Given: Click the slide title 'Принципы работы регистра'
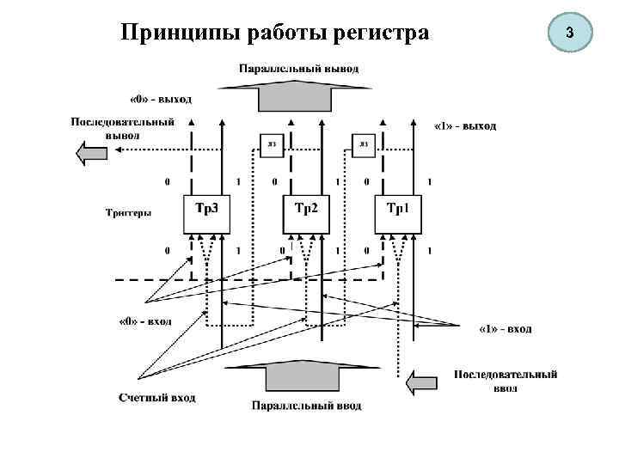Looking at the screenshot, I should click(x=274, y=34).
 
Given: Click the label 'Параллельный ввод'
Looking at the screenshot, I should click(x=306, y=405).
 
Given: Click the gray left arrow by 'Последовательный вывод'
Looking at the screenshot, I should click(x=91, y=154).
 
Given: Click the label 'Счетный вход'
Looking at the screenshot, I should click(x=156, y=398).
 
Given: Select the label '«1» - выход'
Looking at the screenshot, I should click(x=464, y=125).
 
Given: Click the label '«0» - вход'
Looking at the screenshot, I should click(x=144, y=321).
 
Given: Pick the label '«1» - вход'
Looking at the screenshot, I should click(x=505, y=328).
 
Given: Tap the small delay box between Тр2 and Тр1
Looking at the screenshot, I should click(x=363, y=144).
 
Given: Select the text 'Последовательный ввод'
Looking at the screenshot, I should click(x=506, y=380).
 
